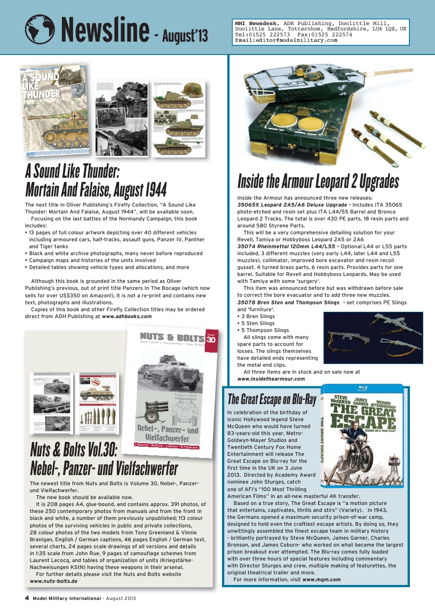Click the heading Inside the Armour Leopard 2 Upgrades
click(318, 181)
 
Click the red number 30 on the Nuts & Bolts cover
click(210, 340)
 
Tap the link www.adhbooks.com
click(126, 316)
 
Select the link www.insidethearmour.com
click(271, 378)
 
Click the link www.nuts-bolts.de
click(53, 580)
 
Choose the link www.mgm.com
click(321, 579)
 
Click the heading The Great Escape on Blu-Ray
click(272, 399)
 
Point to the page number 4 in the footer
click(27, 598)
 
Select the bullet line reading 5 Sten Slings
click(258, 323)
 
